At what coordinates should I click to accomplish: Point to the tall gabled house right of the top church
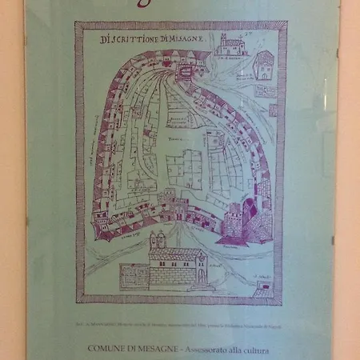click(264, 64)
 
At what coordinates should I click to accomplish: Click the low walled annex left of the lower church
click(134, 276)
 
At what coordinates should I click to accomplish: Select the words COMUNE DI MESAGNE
click(134, 349)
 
